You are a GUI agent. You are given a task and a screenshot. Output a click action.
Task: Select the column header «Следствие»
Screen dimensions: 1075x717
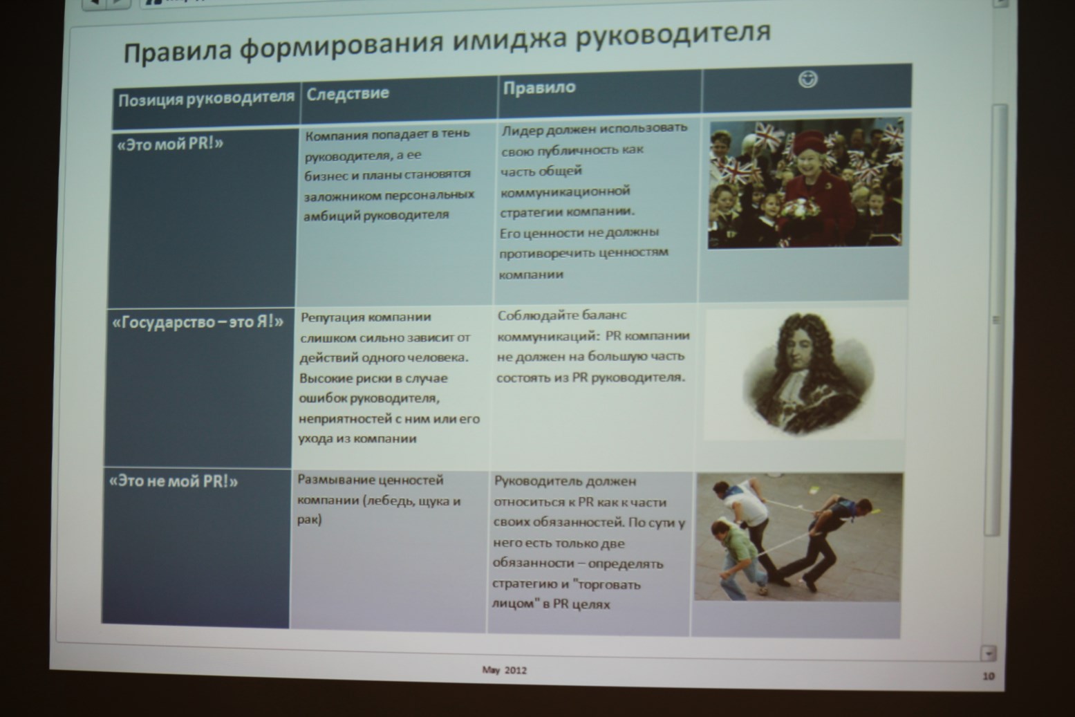(x=348, y=93)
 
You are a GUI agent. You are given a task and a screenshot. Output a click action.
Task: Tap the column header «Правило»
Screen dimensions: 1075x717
(x=539, y=87)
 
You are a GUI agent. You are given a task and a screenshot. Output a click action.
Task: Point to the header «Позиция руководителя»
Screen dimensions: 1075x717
(x=206, y=100)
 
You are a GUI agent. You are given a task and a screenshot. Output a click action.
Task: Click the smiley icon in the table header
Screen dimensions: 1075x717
(x=807, y=80)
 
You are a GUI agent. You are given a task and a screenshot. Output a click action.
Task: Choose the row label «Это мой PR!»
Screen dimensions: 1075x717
(x=170, y=144)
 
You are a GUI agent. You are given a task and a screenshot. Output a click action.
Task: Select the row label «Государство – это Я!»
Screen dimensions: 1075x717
(x=197, y=322)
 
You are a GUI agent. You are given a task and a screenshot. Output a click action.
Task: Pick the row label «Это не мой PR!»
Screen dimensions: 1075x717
(x=174, y=481)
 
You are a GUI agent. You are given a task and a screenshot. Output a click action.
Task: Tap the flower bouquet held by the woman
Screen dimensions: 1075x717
(x=799, y=209)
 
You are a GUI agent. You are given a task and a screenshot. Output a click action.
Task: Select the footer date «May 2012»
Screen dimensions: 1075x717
(x=505, y=670)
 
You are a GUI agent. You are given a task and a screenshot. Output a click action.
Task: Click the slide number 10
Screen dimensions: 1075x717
(x=989, y=676)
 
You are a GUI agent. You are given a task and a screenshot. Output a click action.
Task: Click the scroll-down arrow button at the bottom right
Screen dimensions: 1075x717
(x=989, y=653)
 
